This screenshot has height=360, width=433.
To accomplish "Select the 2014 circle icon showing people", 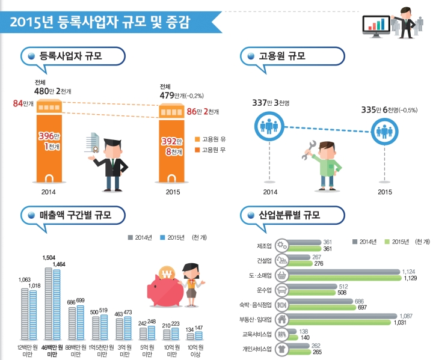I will pyautogui.click(x=265, y=126).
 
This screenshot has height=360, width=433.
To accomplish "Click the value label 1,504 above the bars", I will pyautogui.click(x=49, y=257).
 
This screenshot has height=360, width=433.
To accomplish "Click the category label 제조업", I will pyautogui.click(x=263, y=245).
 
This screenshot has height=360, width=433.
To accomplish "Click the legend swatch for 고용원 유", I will pyautogui.click(x=197, y=139).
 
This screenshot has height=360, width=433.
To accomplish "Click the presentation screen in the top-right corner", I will pyautogui.click(x=376, y=23).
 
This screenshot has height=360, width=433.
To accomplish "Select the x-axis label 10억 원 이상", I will pyautogui.click(x=194, y=351).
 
